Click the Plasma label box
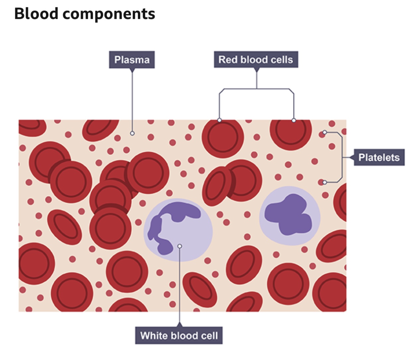[x=132, y=60]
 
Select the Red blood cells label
[x=256, y=60]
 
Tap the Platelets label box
[x=379, y=157]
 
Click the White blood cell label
[x=179, y=335]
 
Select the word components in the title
[x=108, y=14]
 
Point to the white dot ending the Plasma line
[x=132, y=133]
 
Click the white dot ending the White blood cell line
[x=180, y=246]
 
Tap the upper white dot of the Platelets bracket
[x=325, y=132]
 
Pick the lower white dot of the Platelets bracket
[x=325, y=182]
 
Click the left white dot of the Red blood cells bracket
[x=219, y=120]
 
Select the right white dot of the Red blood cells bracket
[x=294, y=120]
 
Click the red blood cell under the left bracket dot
[x=223, y=138]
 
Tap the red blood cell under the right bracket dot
[x=291, y=133]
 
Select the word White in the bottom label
[x=154, y=335]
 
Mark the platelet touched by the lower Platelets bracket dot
[x=321, y=182]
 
